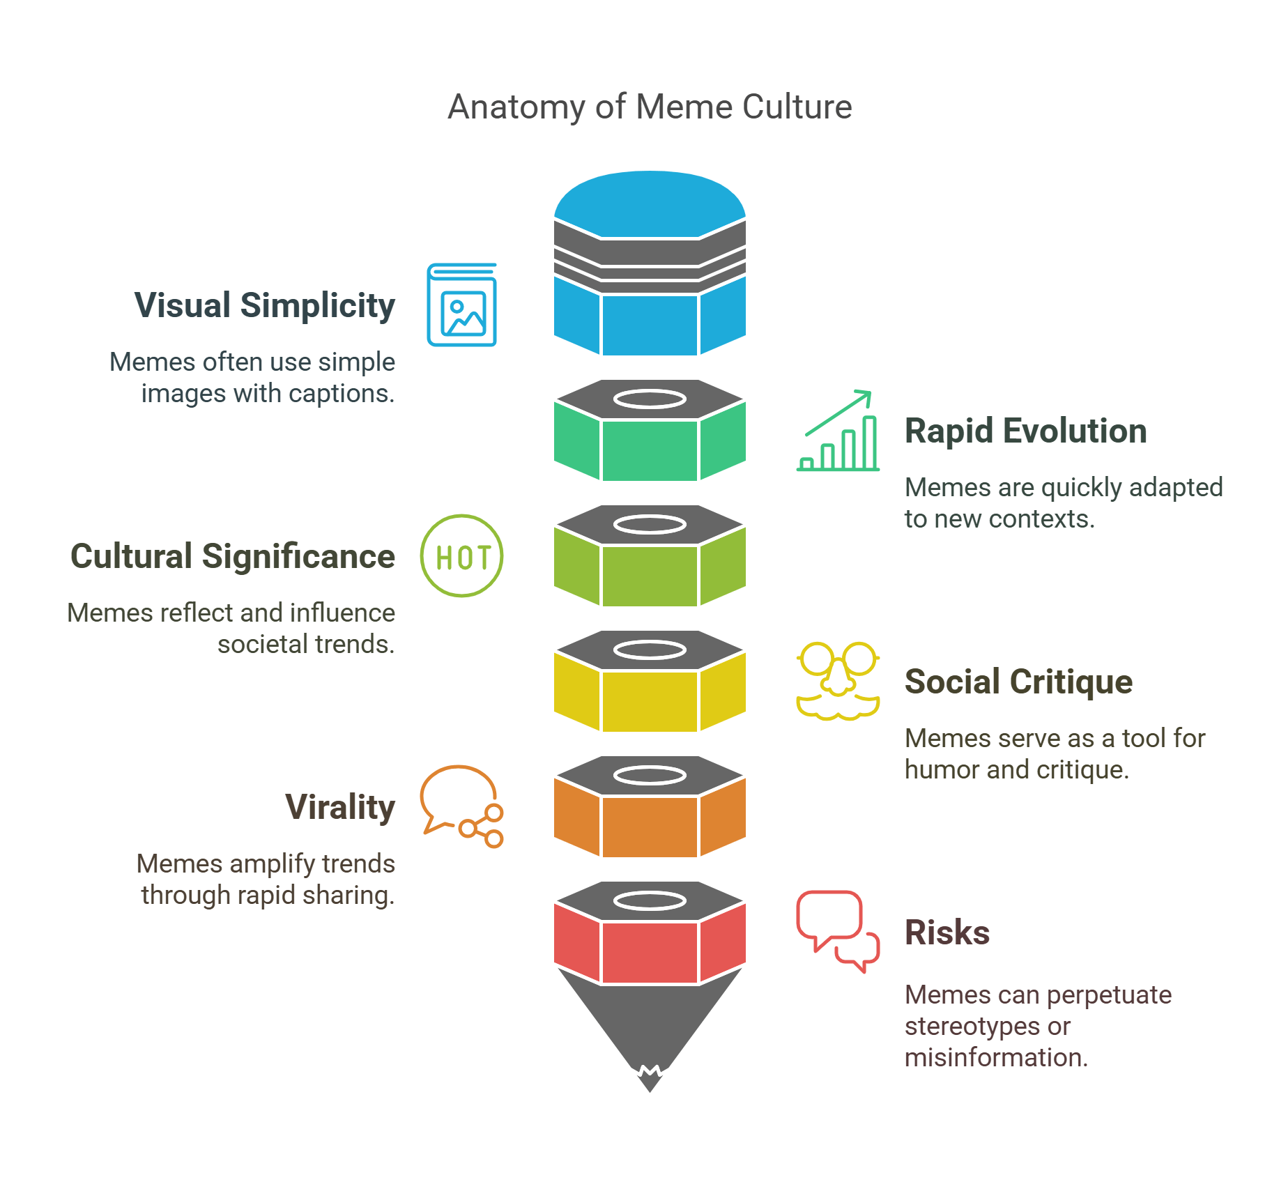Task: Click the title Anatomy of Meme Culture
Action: (x=650, y=107)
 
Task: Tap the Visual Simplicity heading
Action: (x=264, y=305)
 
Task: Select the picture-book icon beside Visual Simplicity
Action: (x=461, y=305)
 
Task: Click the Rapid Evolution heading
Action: (x=1025, y=431)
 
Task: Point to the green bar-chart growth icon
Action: (x=838, y=432)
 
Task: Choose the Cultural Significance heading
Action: (x=233, y=556)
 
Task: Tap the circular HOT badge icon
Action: (x=461, y=556)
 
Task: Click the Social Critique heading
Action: (x=1018, y=682)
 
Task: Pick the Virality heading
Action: (x=340, y=807)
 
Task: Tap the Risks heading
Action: (x=947, y=932)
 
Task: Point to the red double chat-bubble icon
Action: (x=838, y=931)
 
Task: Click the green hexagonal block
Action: (x=650, y=450)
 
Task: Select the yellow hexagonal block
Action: (x=650, y=701)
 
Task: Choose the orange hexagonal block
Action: (x=650, y=827)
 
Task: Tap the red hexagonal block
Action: (x=650, y=952)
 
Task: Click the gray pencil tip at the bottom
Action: (x=650, y=1031)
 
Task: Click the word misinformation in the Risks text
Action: (x=995, y=1058)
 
